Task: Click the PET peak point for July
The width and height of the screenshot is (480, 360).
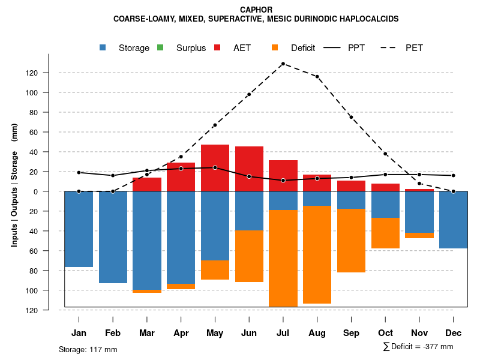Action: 283,64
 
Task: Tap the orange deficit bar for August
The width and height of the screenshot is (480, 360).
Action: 317,254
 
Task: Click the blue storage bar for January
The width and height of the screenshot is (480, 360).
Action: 79,229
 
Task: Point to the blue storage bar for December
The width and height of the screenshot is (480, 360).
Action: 453,220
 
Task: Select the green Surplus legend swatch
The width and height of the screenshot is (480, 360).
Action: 160,47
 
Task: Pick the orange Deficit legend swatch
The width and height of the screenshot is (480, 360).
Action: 275,47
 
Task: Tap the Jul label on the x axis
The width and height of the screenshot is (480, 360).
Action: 283,333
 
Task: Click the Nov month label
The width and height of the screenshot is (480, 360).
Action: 419,333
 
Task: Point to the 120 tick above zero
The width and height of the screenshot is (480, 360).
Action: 48,73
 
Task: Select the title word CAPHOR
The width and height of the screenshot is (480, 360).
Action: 256,10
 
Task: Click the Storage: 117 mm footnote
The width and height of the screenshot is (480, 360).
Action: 88,349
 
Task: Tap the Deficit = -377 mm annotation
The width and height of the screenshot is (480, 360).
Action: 418,347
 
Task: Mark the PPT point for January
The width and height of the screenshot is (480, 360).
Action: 79,173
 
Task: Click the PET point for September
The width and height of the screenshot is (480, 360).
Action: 351,117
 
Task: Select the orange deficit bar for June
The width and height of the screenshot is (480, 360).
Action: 249,256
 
